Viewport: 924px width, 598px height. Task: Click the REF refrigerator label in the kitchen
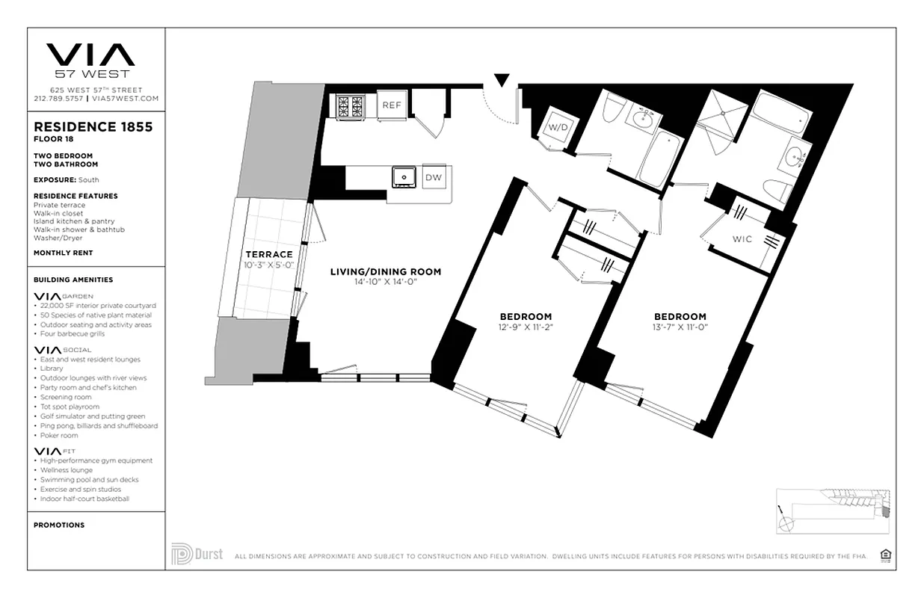pos(392,105)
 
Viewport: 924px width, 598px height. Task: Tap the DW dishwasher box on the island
pos(433,177)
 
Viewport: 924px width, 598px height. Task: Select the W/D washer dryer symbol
pos(558,127)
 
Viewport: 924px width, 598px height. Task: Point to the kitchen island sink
pos(404,176)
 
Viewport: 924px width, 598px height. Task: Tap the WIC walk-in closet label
pos(742,240)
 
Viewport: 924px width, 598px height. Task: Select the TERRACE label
pos(268,255)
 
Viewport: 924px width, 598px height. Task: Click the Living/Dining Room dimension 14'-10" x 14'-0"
pos(385,282)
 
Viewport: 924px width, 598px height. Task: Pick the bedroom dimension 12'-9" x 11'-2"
pos(526,327)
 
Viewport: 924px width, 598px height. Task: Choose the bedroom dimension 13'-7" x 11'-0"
pos(680,327)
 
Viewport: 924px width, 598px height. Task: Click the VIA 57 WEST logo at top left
pos(90,60)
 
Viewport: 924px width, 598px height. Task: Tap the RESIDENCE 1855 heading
pos(93,127)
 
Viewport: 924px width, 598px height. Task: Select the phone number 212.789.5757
pos(58,98)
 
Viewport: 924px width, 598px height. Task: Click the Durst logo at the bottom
pos(197,555)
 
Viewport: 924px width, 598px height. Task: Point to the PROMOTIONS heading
pos(59,525)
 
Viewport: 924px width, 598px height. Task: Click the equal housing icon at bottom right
pos(887,555)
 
